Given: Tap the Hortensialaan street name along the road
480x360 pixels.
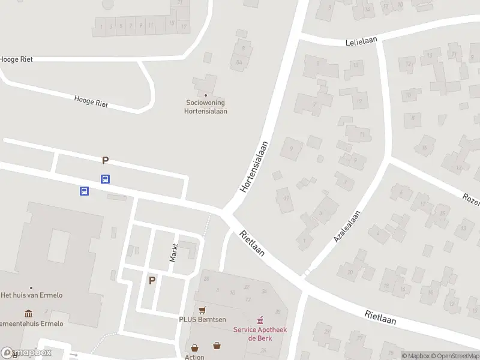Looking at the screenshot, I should click(253, 166).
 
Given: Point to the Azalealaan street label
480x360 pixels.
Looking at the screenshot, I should click(347, 227).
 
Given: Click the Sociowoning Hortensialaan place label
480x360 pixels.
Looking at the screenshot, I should click(206, 106).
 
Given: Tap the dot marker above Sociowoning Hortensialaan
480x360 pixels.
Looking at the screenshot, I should click(206, 95).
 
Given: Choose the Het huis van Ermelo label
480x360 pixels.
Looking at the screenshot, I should click(32, 295).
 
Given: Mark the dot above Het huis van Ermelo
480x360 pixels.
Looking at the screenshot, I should click(31, 287).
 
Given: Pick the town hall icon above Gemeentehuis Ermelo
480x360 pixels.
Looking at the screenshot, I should click(29, 314).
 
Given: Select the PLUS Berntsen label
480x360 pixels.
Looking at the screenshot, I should click(202, 319).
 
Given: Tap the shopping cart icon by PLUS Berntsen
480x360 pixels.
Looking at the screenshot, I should click(202, 310).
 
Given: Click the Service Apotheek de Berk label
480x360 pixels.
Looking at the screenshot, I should click(259, 334).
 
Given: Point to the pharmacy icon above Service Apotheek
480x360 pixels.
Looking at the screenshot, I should click(260, 320).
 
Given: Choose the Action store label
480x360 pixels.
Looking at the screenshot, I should click(194, 357).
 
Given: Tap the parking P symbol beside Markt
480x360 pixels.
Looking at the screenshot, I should click(152, 280).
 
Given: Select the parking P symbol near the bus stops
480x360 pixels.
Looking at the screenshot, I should click(106, 160).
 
